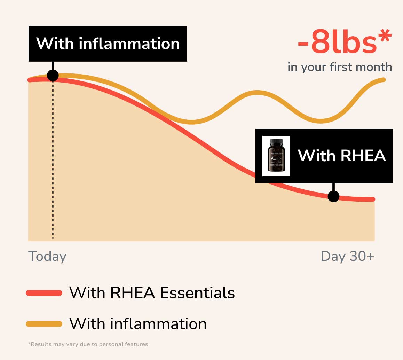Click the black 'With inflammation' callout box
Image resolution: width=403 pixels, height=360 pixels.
pos(108,44)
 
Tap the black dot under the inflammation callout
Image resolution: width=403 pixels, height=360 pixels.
pos(53,76)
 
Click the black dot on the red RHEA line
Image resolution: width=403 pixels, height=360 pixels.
pos(333,196)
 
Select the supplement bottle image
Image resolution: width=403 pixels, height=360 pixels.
pos(276,156)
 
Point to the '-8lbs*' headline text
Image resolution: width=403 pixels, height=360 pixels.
pos(345,42)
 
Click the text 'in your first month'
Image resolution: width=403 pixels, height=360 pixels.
pos(340,67)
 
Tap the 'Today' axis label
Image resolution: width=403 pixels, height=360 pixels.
pos(47,256)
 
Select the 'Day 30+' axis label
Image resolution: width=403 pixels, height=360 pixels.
pos(347,256)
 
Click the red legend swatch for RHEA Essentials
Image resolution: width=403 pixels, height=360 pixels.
pos(44,293)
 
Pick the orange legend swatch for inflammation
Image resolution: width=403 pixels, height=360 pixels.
pos(44,324)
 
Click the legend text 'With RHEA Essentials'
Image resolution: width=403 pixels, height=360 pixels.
pos(152,293)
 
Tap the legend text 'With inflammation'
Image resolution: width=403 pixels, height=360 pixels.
pos(138,324)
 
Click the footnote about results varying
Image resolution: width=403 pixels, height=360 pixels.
pos(88,344)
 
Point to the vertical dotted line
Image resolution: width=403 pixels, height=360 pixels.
pos(53,160)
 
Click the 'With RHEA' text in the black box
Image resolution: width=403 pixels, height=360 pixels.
pos(342,156)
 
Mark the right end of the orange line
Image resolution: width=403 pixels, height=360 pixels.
pos(384,80)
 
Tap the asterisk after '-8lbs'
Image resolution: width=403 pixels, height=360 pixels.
pos(385,36)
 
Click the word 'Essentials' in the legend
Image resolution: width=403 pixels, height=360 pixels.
pos(197,293)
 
